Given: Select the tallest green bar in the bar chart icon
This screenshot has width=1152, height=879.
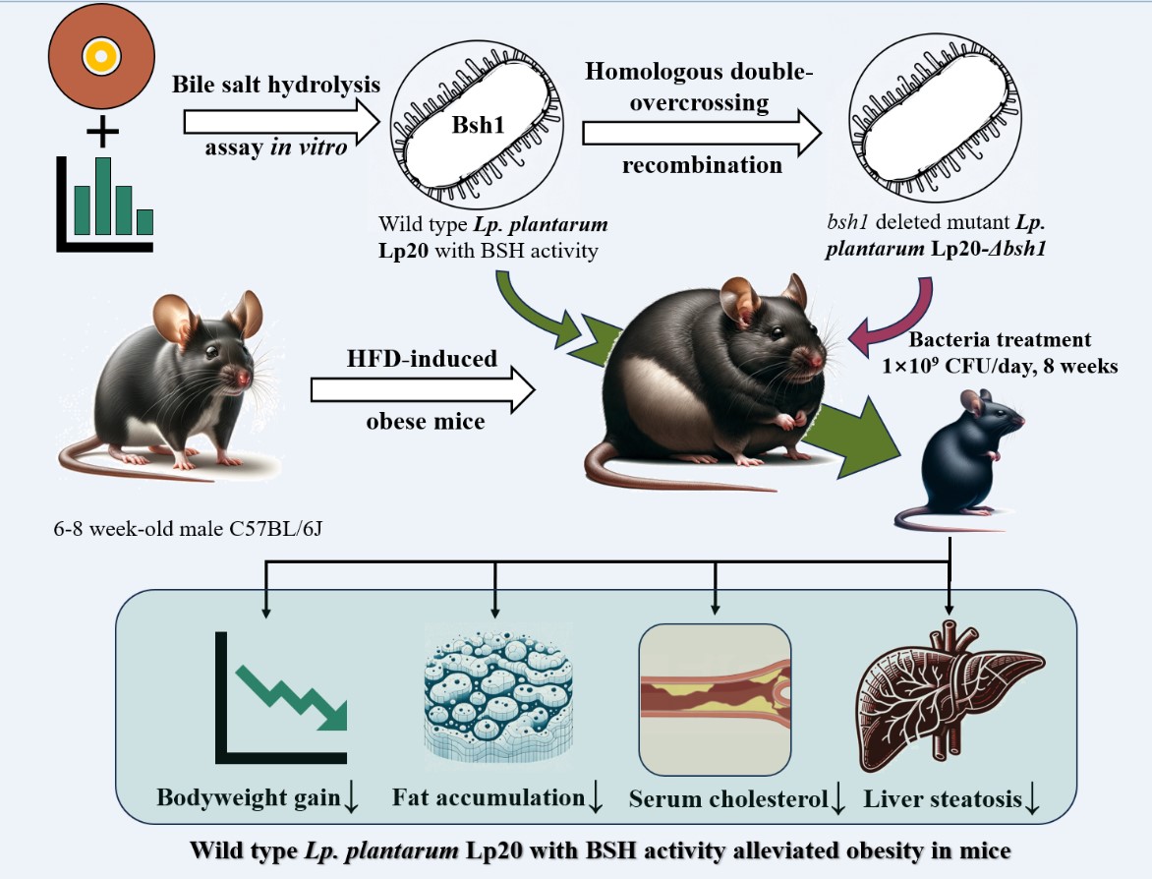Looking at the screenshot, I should click(x=102, y=195).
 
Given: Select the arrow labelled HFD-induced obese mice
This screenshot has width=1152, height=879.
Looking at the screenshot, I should click(x=424, y=392).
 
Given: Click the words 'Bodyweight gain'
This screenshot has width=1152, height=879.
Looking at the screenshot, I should click(x=249, y=797).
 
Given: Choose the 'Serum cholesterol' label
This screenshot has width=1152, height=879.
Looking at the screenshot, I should click(x=728, y=799).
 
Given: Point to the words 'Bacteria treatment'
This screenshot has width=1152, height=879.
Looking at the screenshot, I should click(x=999, y=340).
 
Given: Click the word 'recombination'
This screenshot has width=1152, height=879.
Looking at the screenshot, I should click(x=702, y=164).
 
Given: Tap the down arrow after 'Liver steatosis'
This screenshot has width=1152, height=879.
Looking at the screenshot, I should click(x=1032, y=801).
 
